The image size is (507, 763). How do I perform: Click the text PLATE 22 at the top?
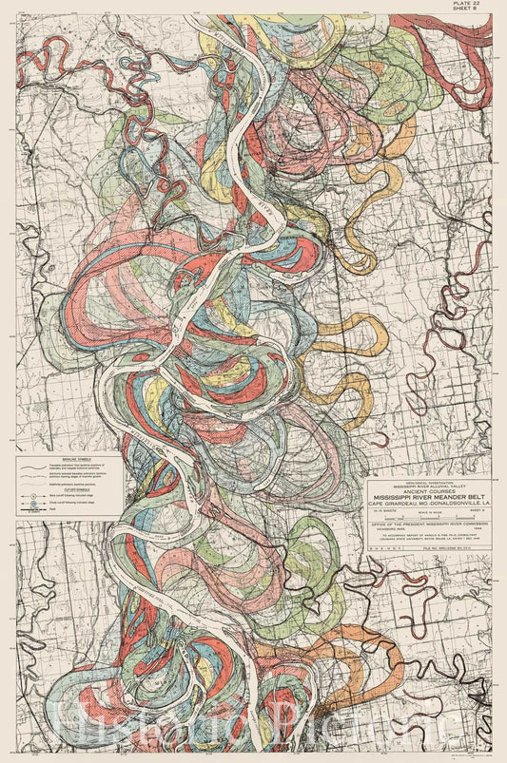[478, 6]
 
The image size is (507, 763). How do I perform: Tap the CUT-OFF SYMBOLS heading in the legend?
[65, 491]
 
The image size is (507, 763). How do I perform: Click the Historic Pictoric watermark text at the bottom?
[253, 732]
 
